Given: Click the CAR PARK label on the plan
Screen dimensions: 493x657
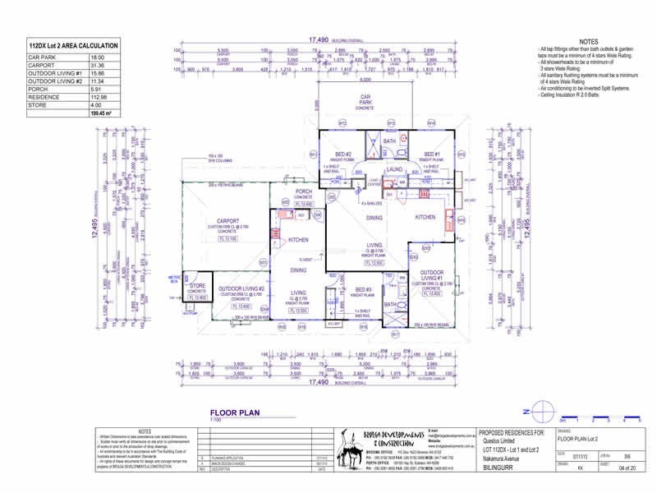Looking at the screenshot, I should point(366,99).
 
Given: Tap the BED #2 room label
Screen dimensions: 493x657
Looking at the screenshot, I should point(343,154).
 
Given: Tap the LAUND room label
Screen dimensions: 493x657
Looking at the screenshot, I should point(393,169).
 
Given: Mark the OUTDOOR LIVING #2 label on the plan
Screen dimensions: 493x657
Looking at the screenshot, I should point(241,289).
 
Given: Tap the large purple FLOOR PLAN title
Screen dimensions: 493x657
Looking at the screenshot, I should point(237,415).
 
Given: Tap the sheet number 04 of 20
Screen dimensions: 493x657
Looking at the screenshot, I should point(628,468).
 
